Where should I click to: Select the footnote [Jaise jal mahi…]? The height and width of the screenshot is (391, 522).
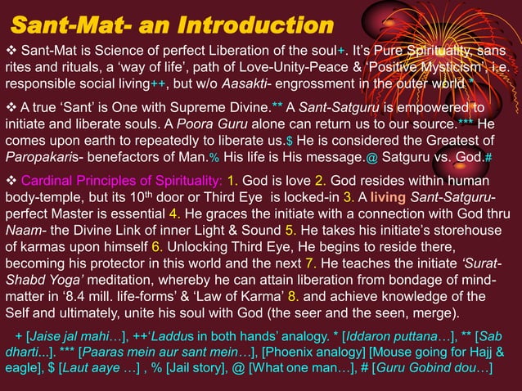tap(74, 337)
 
